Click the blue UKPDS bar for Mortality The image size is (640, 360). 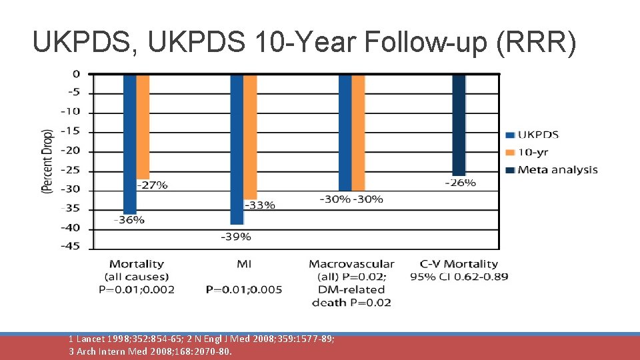[129, 143]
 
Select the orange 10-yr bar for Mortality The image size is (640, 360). [143, 126]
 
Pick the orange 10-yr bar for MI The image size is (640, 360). [250, 137]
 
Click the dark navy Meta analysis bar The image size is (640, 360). [459, 125]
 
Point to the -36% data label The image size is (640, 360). [129, 220]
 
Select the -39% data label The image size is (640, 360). [236, 236]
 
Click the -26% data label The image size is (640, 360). [460, 182]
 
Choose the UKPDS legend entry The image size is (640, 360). [537, 135]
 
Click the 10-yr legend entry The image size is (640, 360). [533, 152]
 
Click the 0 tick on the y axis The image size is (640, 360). [76, 73]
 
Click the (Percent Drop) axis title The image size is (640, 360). [47, 161]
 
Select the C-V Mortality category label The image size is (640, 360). [459, 264]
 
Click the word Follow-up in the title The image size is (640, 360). [405, 42]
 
